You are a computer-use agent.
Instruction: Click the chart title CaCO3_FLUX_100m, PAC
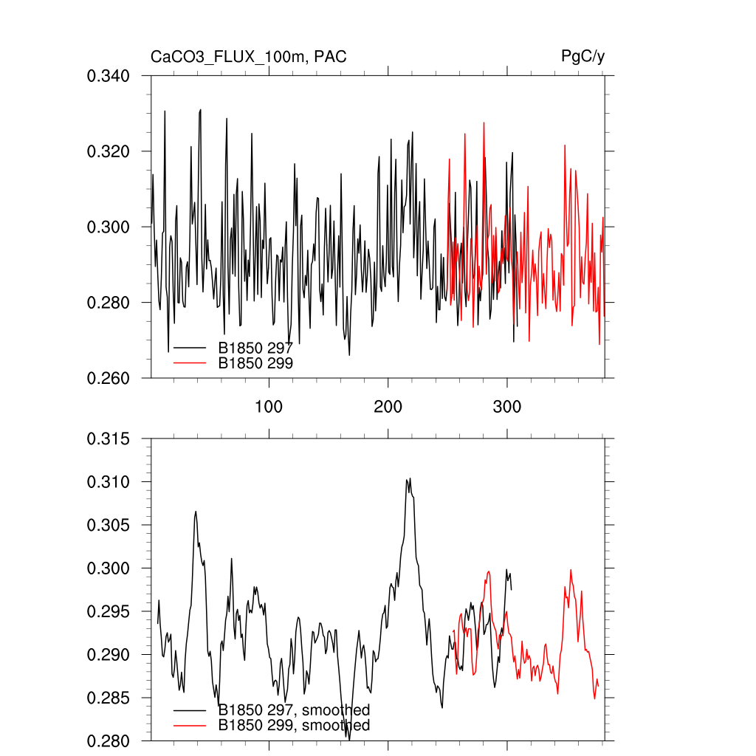click(248, 57)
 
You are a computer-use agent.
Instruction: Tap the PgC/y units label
click(583, 57)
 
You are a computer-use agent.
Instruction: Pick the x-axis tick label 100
click(269, 407)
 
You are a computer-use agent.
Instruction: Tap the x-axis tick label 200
click(388, 407)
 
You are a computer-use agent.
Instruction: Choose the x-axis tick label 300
click(507, 407)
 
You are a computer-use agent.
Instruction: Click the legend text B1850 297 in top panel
click(255, 348)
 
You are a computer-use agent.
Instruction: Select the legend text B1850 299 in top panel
click(255, 363)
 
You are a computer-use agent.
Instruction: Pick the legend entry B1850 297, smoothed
click(294, 710)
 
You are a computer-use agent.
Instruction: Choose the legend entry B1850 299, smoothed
click(294, 726)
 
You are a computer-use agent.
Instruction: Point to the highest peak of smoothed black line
click(408, 479)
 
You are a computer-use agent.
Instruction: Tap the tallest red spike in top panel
click(484, 123)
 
